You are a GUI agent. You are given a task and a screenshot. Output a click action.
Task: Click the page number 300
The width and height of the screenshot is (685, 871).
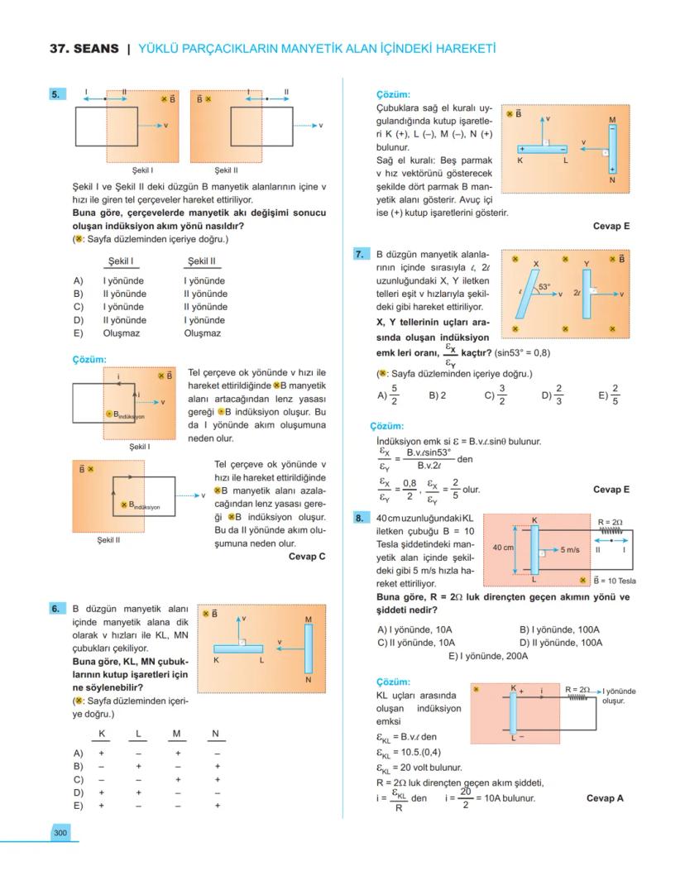60,833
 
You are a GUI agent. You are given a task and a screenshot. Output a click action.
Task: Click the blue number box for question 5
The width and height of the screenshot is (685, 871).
56,94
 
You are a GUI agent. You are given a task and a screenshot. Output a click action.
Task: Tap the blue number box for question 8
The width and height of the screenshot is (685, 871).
360,519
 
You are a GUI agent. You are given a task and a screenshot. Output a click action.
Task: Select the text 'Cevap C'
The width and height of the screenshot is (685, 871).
307,557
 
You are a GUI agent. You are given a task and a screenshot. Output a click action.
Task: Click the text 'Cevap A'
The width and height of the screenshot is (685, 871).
605,798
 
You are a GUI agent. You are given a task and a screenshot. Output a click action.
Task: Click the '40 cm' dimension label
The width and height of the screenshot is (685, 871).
503,548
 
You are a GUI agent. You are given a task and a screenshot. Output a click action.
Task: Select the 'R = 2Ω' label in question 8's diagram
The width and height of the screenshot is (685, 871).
610,522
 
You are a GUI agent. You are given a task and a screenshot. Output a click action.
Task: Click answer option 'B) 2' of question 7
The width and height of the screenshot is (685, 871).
438,395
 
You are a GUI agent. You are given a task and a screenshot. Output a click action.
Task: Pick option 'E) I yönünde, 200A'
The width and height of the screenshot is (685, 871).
488,656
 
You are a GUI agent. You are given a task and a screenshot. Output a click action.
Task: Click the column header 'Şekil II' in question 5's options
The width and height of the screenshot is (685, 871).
201,261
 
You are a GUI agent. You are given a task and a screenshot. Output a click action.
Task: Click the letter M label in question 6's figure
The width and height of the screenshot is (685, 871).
308,619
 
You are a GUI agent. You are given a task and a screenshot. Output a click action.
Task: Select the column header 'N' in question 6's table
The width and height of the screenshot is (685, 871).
215,734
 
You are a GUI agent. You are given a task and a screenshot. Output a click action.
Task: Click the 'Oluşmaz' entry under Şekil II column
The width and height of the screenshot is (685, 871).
202,333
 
